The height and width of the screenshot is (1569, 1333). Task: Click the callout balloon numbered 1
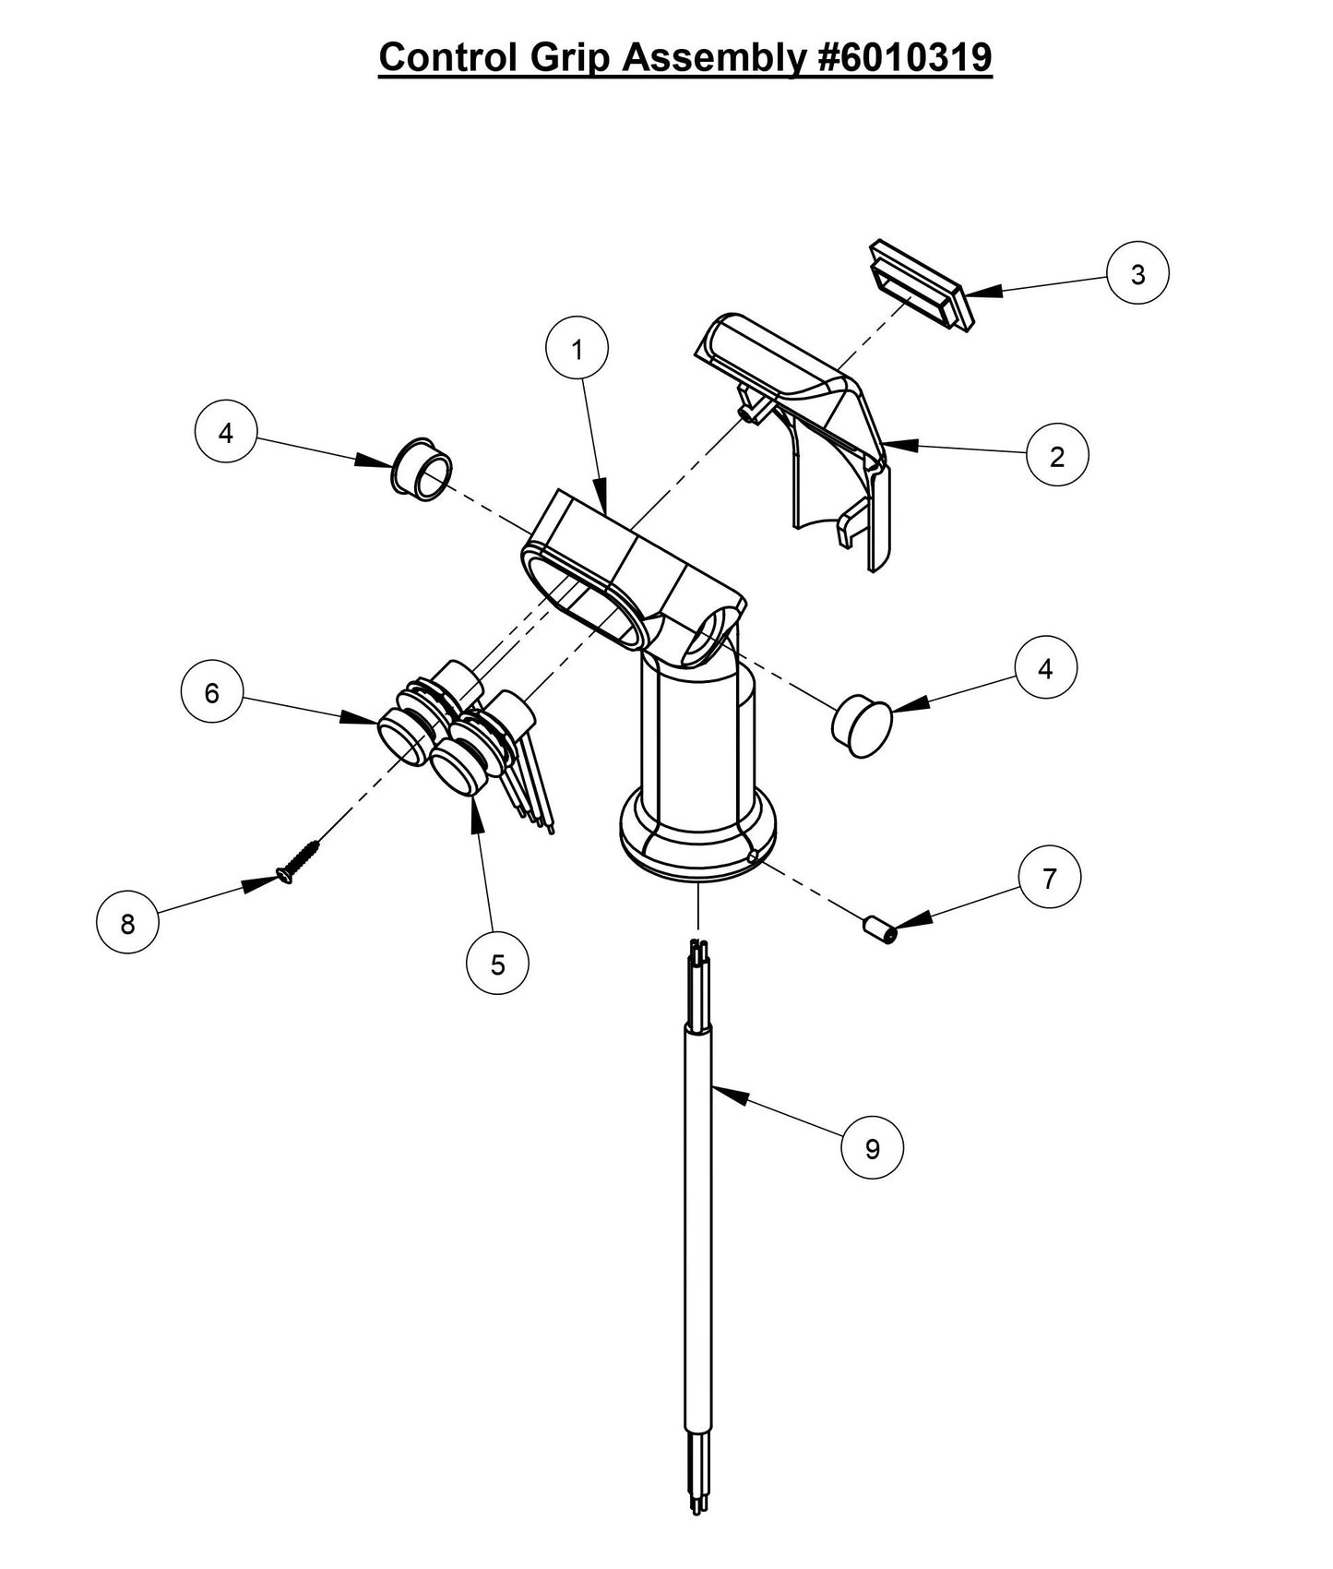(577, 349)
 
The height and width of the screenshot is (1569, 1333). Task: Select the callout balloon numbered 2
(1057, 455)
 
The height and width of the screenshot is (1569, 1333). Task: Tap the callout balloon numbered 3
(1137, 274)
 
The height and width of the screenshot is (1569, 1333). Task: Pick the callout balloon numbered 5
(497, 964)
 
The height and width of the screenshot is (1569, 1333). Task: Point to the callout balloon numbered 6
(212, 692)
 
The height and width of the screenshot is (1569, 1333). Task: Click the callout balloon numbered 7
(1049, 878)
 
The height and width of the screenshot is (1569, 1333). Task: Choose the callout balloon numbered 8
(127, 922)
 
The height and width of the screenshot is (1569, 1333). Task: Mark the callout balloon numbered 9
(872, 1147)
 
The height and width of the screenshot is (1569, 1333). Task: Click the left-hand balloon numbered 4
(226, 432)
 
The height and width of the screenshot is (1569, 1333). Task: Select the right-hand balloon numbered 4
(1044, 668)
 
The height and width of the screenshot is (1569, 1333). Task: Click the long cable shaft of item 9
(697, 1200)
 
